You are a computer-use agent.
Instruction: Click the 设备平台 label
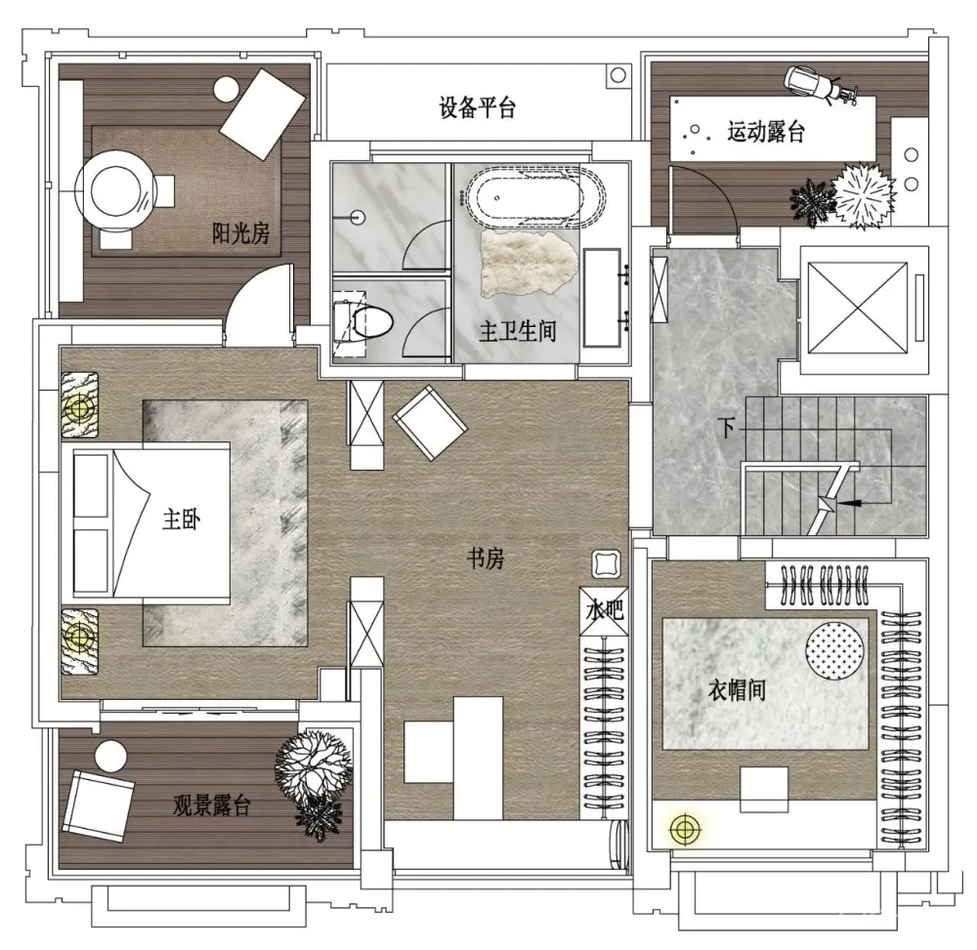(478, 107)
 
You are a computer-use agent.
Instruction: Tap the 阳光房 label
(241, 233)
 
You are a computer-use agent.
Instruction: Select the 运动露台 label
(766, 132)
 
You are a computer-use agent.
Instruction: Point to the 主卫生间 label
(517, 331)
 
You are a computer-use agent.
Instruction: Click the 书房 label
(486, 558)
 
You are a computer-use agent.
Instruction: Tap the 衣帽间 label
(737, 689)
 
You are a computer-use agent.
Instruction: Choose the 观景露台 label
(212, 805)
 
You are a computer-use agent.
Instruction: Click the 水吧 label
(605, 609)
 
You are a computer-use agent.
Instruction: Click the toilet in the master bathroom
(364, 321)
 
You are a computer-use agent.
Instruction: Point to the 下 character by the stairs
(726, 428)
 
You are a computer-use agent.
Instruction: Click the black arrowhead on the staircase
(847, 502)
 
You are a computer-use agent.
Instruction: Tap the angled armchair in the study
(430, 423)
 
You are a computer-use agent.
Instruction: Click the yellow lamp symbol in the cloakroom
(685, 829)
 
